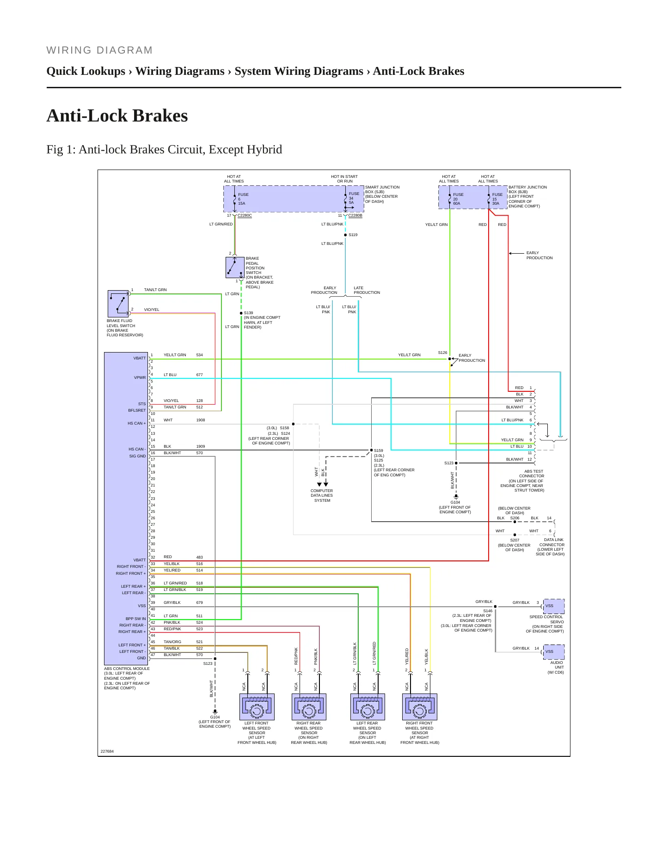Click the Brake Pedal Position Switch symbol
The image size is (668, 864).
pos(235,268)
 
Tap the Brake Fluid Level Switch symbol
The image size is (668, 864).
pos(118,304)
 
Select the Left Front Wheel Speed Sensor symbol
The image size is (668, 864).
pos(257,706)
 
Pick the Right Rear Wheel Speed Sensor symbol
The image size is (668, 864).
pos(309,706)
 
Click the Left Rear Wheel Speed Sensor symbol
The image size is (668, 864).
pos(368,706)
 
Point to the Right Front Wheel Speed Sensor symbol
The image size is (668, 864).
pos(420,706)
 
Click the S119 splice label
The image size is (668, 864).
pos(353,235)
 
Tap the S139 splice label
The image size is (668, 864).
pos(249,313)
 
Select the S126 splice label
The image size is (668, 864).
pos(443,353)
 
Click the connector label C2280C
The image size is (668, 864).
pos(245,215)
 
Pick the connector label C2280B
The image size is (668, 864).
pos(355,215)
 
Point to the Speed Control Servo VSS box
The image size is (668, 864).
pos(554,606)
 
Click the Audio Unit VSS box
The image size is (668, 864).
pos(554,652)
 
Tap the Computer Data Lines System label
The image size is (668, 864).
pos(322,495)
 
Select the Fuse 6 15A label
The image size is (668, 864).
pos(243,199)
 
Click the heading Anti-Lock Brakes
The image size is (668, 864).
pos(117,116)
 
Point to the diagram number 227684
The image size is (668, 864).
pos(107,751)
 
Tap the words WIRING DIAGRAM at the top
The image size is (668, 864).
pos(99,50)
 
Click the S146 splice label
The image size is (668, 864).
pos(488,611)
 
